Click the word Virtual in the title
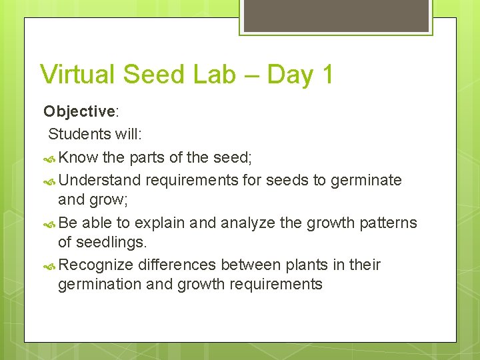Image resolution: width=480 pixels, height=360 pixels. (77, 74)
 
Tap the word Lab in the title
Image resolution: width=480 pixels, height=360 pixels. (214, 74)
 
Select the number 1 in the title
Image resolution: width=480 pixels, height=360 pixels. (327, 74)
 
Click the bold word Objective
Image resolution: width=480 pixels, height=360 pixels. (79, 112)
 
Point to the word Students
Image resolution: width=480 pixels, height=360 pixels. (79, 134)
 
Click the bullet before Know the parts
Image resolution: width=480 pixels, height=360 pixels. (49, 159)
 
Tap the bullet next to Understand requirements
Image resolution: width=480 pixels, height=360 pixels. (49, 182)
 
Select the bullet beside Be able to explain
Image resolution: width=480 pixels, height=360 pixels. (49, 225)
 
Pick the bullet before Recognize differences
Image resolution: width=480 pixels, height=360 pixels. (49, 267)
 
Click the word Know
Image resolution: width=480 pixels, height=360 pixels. (78, 157)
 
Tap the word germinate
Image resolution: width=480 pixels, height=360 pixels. (366, 181)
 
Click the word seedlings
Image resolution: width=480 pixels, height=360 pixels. (111, 243)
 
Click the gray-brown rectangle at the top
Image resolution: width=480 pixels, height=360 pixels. (336, 15)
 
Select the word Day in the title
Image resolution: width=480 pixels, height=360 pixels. (291, 75)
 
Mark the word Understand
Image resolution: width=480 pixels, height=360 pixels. (99, 180)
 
